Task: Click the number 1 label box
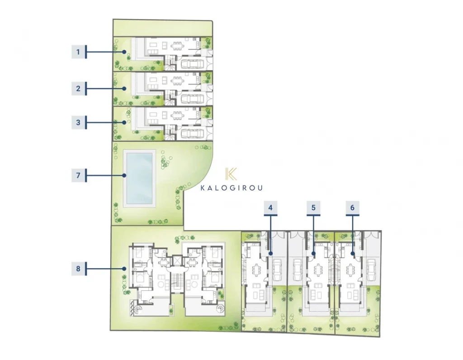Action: pos(78,52)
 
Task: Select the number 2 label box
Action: pos(78,88)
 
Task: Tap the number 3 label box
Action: pos(78,122)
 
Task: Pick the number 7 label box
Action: pos(78,175)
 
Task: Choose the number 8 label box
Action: pos(78,269)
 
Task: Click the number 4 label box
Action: pos(270,208)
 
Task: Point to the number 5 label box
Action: pos(314,208)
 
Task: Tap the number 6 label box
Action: pos(352,208)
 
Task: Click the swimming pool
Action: pos(139,178)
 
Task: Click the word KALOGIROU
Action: pos(231,188)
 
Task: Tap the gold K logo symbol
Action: pos(231,174)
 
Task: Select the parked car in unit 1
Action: pos(192,64)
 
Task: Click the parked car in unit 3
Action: pos(192,133)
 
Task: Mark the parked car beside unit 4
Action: pos(277,270)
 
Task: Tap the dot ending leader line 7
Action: pos(124,175)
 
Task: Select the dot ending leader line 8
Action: pos(124,269)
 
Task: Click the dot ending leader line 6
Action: pos(353,253)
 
